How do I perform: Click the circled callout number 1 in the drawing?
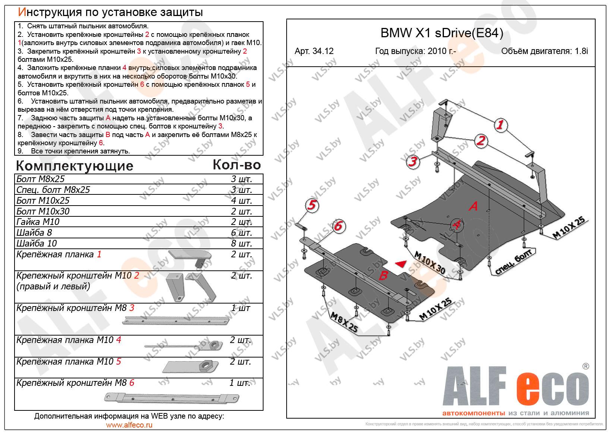[x=500, y=126]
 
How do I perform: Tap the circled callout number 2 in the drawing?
[x=481, y=141]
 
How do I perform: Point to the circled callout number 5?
[x=312, y=205]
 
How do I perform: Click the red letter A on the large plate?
[x=473, y=206]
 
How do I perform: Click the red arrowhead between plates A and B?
[x=401, y=264]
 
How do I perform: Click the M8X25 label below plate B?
[x=344, y=322]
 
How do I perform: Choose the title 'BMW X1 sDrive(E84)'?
[x=442, y=33]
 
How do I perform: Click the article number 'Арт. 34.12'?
[x=314, y=51]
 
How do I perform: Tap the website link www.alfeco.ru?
[x=129, y=425]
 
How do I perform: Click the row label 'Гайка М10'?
[x=38, y=222]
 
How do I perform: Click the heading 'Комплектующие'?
[x=75, y=166]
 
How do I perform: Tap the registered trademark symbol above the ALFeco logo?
[x=586, y=366]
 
